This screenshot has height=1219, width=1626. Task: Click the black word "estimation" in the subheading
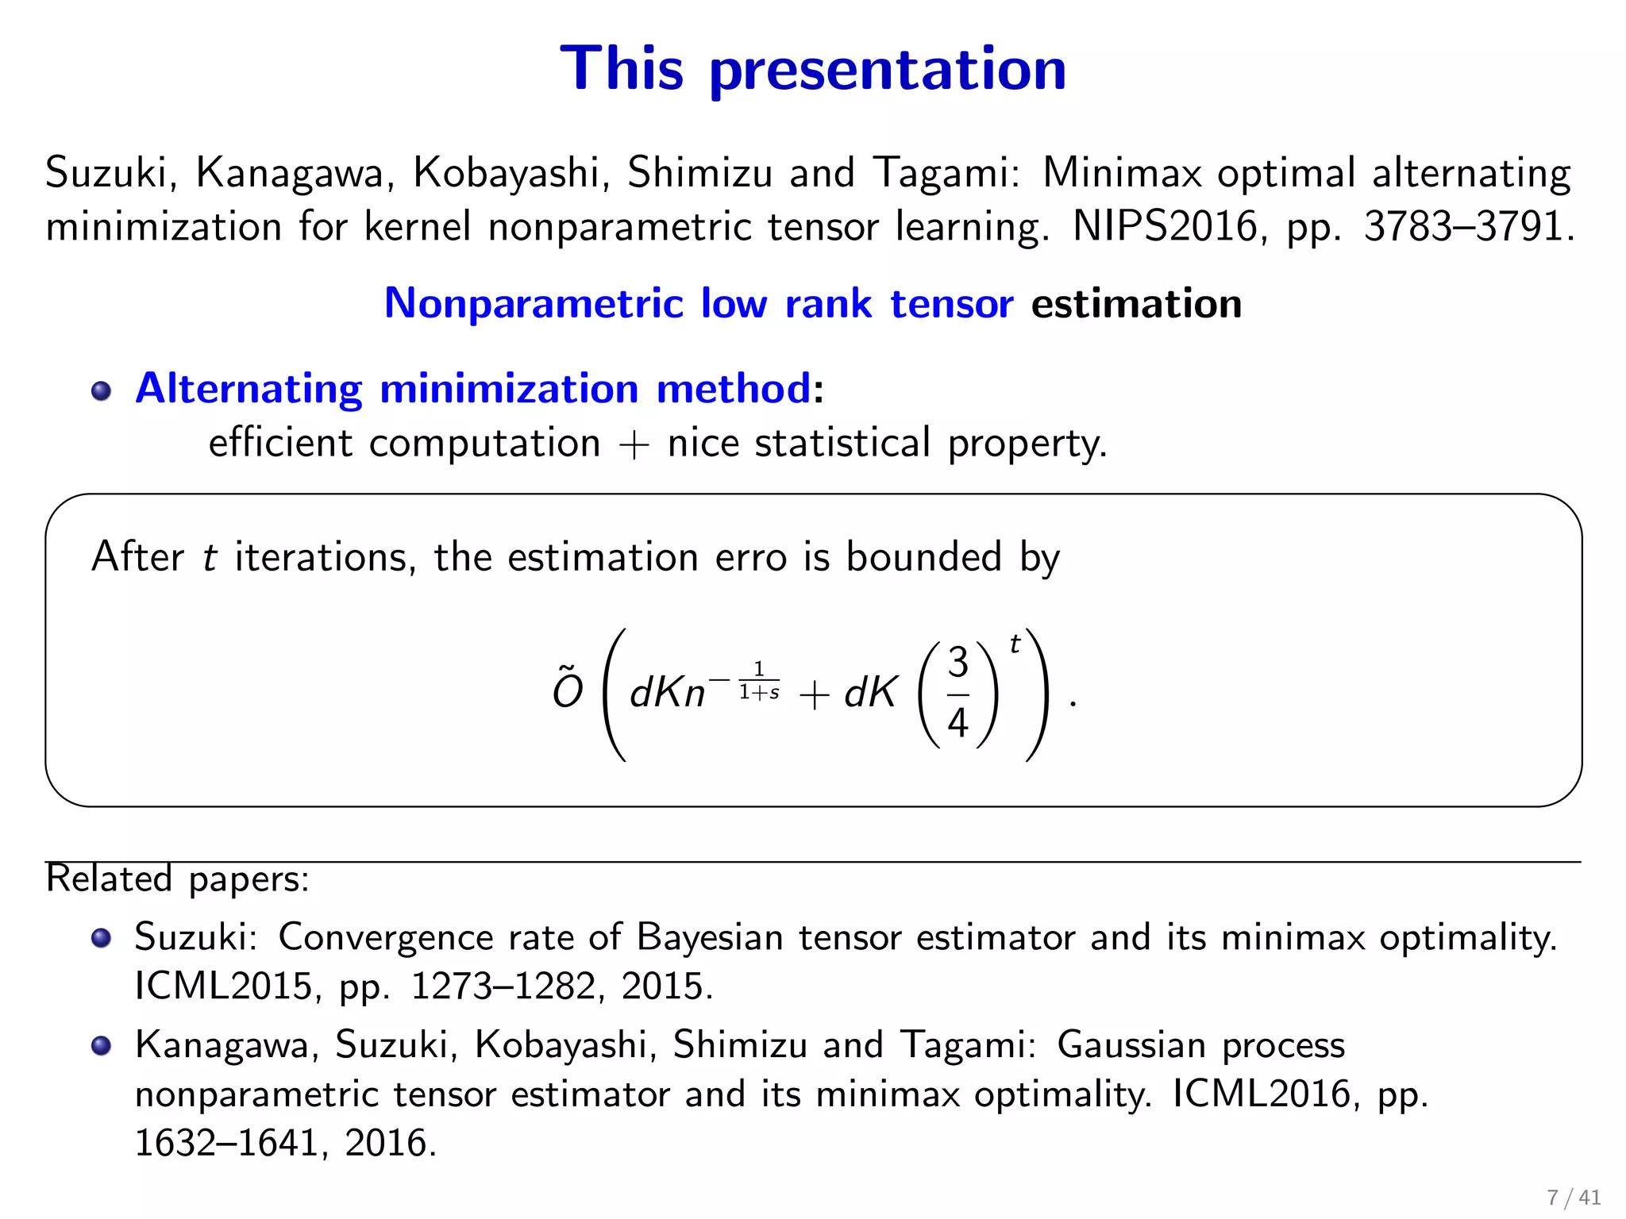1136,304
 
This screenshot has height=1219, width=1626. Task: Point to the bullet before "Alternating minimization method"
101,390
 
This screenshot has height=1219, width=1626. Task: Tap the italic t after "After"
210,557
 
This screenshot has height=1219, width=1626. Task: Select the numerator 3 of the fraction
958,663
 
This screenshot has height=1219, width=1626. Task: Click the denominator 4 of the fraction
958,722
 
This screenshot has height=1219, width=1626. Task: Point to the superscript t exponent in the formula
1015,644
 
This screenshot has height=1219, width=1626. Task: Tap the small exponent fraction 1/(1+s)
759,682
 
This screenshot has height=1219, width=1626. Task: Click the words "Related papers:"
177,879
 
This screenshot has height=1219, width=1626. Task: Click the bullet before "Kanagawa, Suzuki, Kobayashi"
101,1046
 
